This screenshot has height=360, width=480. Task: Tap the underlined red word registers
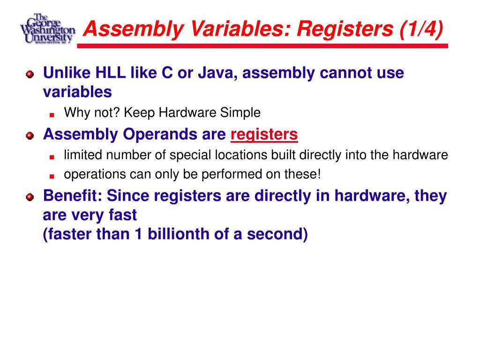click(x=264, y=135)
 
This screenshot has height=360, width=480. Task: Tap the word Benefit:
click(x=73, y=196)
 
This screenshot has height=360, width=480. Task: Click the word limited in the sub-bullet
click(x=80, y=155)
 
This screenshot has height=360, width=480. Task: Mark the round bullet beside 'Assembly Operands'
click(x=30, y=135)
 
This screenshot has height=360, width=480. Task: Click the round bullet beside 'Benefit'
click(x=30, y=196)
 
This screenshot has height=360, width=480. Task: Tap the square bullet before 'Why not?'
click(x=52, y=114)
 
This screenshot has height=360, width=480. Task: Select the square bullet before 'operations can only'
click(x=52, y=175)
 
